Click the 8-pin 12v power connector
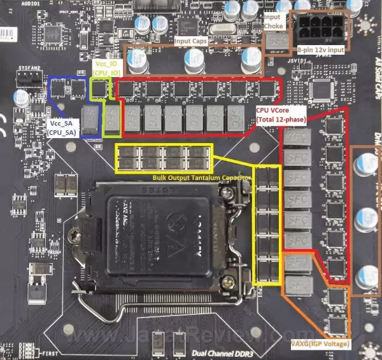point(316,28)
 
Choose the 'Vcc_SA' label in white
point(62,123)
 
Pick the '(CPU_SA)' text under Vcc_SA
point(62,132)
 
